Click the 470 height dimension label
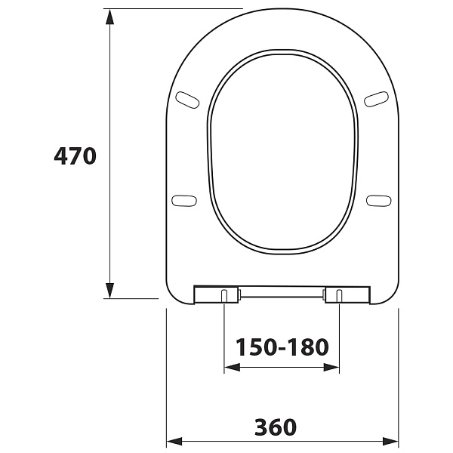(75, 156)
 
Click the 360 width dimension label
(276, 427)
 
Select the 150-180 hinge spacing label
(282, 347)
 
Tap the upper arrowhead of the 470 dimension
(109, 17)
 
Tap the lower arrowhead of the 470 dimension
(109, 291)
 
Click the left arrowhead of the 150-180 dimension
(233, 368)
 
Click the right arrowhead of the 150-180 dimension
(331, 368)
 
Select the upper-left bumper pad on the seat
(188, 100)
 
